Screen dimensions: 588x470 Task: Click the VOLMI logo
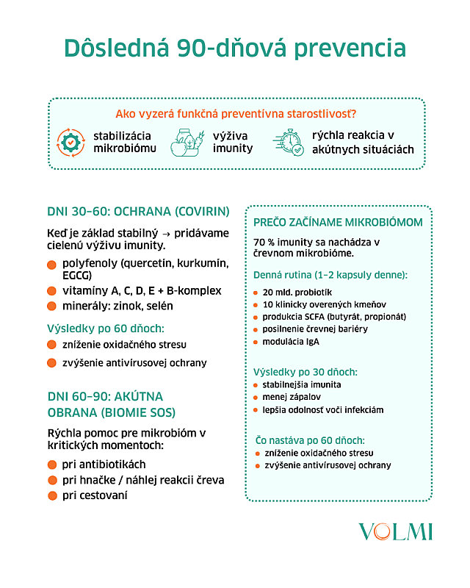pos(396,532)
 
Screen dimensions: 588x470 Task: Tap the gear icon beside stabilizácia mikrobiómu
pos(72,142)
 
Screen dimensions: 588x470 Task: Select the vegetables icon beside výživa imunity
pos(186,142)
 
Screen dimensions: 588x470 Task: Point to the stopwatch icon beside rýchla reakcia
pos(288,142)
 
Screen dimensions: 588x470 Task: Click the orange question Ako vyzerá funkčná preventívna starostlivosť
pos(236,114)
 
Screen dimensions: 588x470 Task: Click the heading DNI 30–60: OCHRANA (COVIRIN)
pos(138,212)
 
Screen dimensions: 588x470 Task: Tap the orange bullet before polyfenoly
pos(51,264)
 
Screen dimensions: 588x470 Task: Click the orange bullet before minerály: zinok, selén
pos(51,306)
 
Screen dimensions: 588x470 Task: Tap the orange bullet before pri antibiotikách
pos(52,465)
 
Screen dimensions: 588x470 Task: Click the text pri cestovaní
pos(95,495)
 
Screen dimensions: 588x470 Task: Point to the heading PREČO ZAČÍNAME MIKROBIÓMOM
pos(338,222)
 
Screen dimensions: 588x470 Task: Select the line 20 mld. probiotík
pos(297,292)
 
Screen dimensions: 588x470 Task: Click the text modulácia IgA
pos(291,342)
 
